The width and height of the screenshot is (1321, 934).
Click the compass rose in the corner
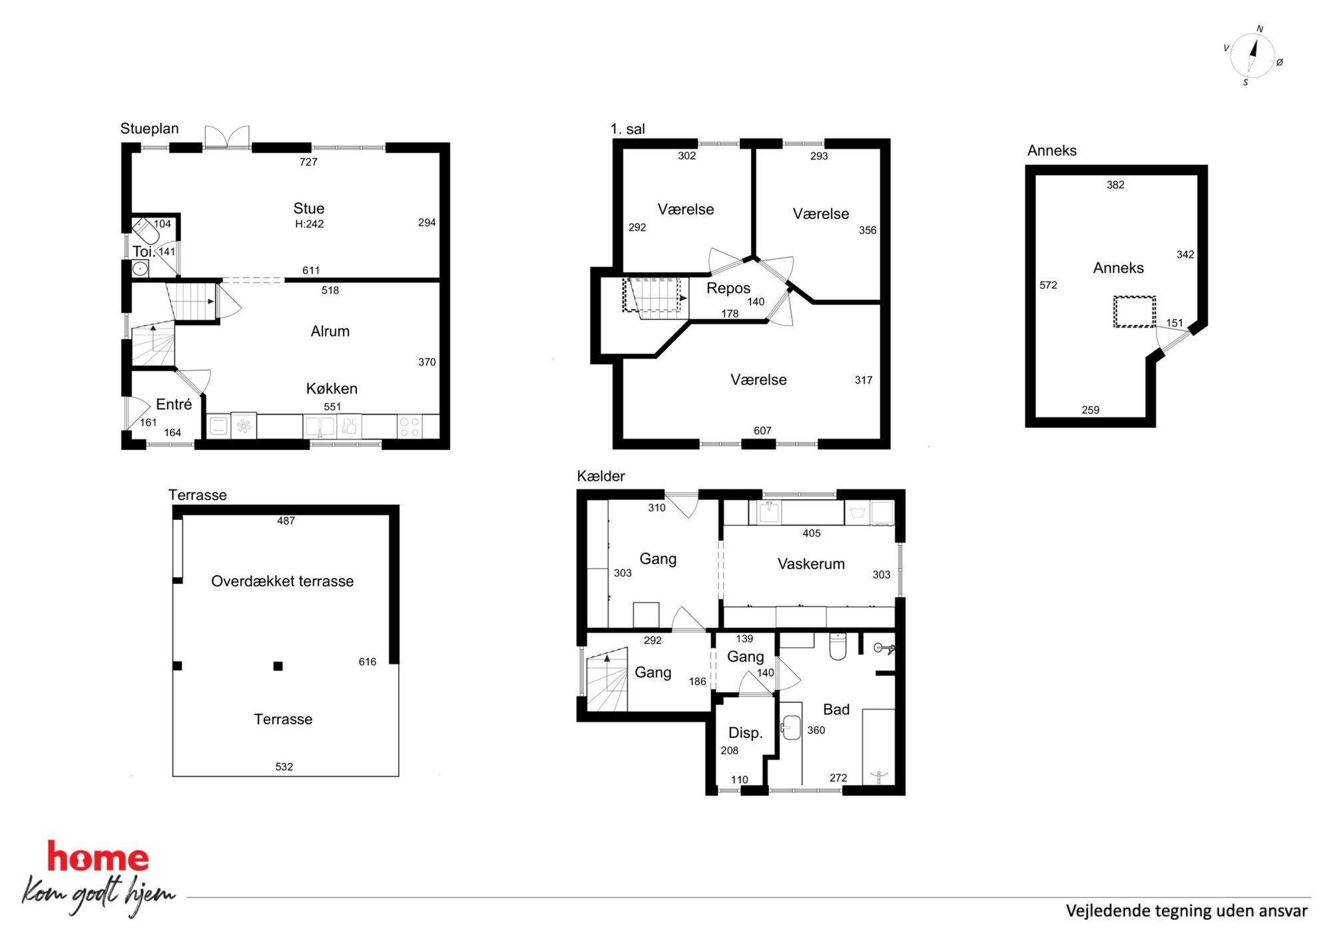[x=1252, y=56]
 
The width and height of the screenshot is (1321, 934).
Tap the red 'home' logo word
[x=98, y=857]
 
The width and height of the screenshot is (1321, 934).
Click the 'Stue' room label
[x=309, y=208]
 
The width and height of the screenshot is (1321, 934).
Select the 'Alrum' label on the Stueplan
[x=330, y=331]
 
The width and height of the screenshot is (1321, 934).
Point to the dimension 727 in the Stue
[x=308, y=162]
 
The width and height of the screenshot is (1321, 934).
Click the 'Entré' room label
[x=174, y=404]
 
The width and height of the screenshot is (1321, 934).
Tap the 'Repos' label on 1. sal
[x=728, y=288]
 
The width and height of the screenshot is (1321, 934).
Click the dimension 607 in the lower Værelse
[x=762, y=431]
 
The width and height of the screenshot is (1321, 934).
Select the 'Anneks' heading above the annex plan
[x=1052, y=150]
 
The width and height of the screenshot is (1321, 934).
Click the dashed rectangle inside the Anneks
[x=1135, y=312]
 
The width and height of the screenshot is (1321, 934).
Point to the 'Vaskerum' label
[x=811, y=564]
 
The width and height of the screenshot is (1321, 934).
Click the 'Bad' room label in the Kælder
[x=836, y=709]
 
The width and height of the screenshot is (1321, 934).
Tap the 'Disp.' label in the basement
[x=746, y=733]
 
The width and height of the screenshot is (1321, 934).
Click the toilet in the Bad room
[x=838, y=646]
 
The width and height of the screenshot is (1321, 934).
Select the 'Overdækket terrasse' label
[x=282, y=581]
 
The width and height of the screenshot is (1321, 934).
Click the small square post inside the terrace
[x=278, y=666]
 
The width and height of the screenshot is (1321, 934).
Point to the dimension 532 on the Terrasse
[x=284, y=767]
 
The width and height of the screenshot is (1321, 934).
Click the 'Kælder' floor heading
[x=601, y=476]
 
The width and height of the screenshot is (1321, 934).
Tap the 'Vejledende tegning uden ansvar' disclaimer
[x=1187, y=911]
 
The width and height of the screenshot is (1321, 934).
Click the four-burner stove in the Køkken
[x=409, y=427]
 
